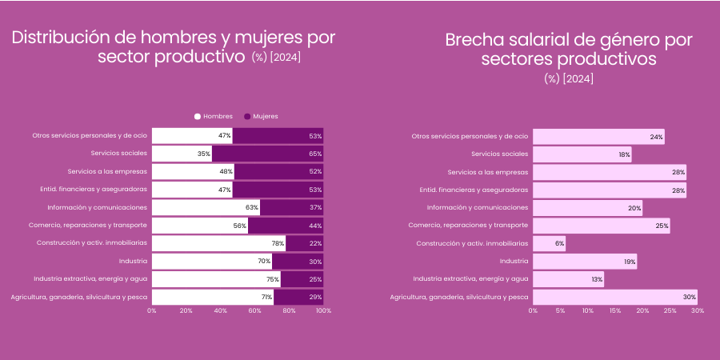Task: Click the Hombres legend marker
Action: pos(198,116)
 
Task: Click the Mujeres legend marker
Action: pos(248,116)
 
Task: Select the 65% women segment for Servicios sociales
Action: pos(267,154)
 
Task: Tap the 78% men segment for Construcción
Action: pos(218,243)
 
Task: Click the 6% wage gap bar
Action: pos(549,243)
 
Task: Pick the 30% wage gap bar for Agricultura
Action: pos(614,297)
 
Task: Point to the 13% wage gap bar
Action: pos(568,279)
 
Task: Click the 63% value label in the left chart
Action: pos(252,207)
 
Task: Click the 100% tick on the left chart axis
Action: pos(323,310)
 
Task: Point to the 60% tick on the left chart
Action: pos(254,310)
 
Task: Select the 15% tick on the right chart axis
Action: pos(615,310)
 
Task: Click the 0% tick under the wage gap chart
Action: pos(533,310)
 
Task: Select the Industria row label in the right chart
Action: pos(514,261)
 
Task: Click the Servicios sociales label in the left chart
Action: pos(118,154)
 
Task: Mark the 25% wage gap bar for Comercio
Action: pos(601,226)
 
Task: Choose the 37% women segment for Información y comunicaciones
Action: pos(291,207)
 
